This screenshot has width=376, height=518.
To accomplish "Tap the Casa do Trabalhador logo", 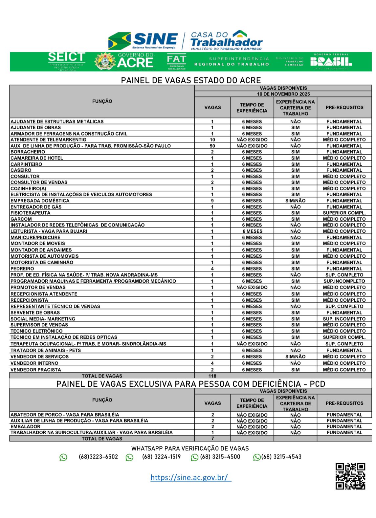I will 226,40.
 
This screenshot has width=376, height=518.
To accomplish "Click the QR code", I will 350,476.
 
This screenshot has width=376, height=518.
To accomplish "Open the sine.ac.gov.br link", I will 190,477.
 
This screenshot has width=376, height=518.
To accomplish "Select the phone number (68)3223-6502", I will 98,457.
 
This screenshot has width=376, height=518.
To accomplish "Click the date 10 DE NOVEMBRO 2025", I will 283,94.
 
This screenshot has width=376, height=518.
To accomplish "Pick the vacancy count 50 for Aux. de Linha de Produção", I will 212,146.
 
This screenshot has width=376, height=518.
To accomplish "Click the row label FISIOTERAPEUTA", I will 31,213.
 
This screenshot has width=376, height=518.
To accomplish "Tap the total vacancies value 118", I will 212,376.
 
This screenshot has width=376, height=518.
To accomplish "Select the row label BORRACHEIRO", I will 28,152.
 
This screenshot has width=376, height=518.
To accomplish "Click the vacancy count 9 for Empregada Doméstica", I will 212,201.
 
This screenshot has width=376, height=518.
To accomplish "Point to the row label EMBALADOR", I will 25,426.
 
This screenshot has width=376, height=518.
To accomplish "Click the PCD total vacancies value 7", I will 212,438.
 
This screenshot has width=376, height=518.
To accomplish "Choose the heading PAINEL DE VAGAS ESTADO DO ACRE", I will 191,80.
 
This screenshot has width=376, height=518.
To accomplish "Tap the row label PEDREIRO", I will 22,269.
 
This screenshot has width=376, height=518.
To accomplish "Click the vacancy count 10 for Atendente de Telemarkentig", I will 212,140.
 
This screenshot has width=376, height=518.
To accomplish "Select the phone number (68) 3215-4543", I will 281,457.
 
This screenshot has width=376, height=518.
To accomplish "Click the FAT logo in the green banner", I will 176,61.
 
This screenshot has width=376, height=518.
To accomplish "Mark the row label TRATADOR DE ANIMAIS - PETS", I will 46,350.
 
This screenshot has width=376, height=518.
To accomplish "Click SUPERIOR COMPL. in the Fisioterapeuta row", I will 344,213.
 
